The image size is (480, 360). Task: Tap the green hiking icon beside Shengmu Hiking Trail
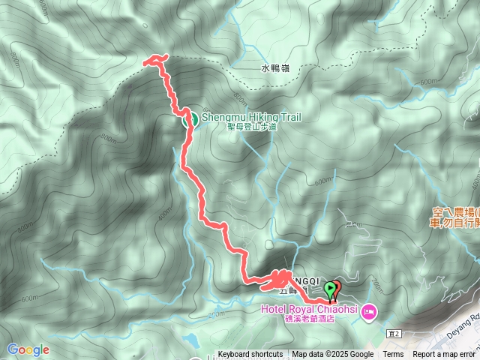tap(190, 118)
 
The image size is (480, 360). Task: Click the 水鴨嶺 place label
tap(275, 68)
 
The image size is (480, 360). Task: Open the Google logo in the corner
tap(28, 349)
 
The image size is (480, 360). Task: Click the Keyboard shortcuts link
tap(250, 355)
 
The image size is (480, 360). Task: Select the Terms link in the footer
tap(393, 355)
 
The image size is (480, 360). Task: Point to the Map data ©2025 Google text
tap(332, 355)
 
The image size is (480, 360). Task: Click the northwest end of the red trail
tap(145, 64)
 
